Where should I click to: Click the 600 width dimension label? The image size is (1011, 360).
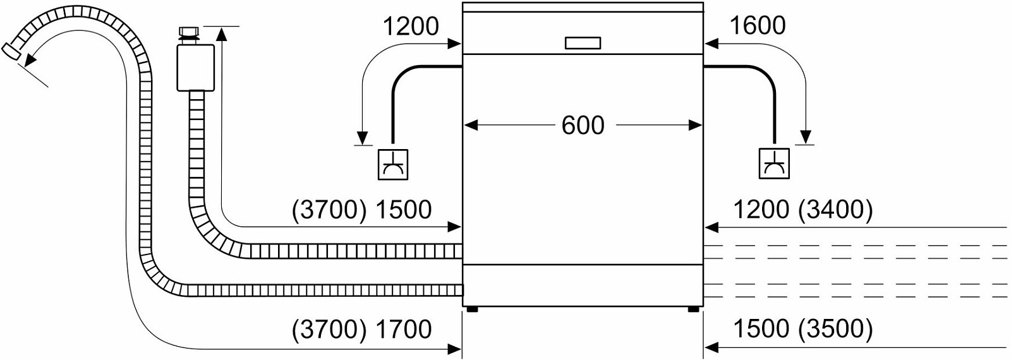coord(583,126)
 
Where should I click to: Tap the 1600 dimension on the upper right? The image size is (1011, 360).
coord(758,26)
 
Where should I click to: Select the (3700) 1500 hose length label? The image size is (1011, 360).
coord(362,210)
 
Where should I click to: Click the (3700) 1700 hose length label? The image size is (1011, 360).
coord(362,329)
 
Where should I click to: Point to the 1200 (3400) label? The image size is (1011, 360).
coord(803,210)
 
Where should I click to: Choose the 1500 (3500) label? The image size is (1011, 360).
coord(803,329)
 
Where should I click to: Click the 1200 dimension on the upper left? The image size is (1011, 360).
coord(410,26)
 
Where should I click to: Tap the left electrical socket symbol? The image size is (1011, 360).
coord(392,165)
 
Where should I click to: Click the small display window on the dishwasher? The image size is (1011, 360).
coord(583,43)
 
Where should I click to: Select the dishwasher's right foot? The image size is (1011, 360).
coord(693,309)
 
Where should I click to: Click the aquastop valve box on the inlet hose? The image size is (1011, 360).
coord(196,67)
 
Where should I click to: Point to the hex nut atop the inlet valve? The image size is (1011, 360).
coord(189,32)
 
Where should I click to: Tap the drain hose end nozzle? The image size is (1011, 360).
coord(11,51)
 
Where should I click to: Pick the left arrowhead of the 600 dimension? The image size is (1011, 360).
coord(471,125)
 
